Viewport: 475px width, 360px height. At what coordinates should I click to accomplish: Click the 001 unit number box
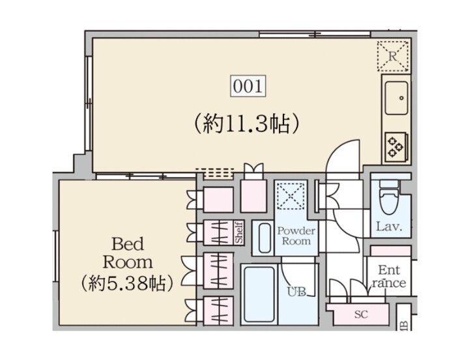pos(248,86)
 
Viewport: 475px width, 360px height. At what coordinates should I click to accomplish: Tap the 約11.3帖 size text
pos(247,124)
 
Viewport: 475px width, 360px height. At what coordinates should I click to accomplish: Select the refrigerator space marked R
pos(393,57)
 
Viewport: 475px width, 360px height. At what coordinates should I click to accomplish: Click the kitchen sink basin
pos(396,98)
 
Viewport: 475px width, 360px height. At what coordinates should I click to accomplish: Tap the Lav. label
pos(389,227)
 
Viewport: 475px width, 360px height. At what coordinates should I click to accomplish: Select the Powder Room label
pos(296,236)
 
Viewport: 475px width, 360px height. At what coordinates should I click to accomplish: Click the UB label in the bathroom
pos(296,292)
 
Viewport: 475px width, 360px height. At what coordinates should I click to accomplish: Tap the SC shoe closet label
pos(361,314)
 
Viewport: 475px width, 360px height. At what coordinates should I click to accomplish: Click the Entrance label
pos(389,276)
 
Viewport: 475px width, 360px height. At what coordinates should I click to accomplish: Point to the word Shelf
pos(239,232)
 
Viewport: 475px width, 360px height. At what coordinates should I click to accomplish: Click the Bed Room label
pos(128,253)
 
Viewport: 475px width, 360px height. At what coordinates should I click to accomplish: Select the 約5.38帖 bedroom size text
pos(127,283)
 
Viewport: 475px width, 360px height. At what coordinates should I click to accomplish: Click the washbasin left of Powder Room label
pos(265,238)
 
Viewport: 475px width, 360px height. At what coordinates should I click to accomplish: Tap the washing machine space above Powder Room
pos(291,195)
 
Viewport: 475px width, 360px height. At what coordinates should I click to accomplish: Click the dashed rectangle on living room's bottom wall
pos(215,173)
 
